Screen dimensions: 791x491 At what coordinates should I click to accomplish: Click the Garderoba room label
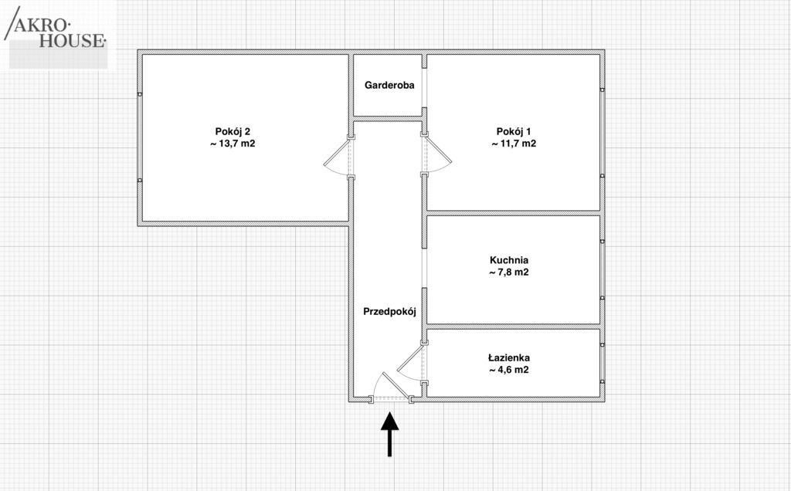[389, 85]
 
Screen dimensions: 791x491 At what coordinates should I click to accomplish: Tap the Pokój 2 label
[233, 131]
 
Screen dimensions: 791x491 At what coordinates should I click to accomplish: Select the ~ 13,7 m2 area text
[233, 144]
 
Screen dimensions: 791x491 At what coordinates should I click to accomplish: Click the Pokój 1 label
[514, 131]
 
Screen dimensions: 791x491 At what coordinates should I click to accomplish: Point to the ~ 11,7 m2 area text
[514, 144]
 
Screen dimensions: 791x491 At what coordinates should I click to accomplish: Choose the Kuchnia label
[509, 260]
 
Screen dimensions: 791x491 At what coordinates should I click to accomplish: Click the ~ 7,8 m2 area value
[509, 273]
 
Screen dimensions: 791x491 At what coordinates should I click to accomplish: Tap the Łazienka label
[509, 358]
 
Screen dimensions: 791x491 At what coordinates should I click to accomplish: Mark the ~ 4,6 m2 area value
[509, 370]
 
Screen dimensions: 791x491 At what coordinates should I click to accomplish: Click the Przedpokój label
[389, 312]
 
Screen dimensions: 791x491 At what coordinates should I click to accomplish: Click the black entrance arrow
[389, 435]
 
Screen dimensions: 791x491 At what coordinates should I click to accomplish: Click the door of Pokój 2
[338, 157]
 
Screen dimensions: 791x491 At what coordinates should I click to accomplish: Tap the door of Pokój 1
[436, 154]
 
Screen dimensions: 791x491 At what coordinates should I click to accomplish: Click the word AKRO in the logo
[42, 25]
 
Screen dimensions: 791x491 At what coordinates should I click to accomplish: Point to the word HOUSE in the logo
[72, 41]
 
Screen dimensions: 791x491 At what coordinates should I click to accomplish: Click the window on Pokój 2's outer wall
[140, 137]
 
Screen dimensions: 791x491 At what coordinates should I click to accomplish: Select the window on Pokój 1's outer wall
[603, 133]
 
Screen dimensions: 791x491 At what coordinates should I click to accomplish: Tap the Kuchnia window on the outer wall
[603, 269]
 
